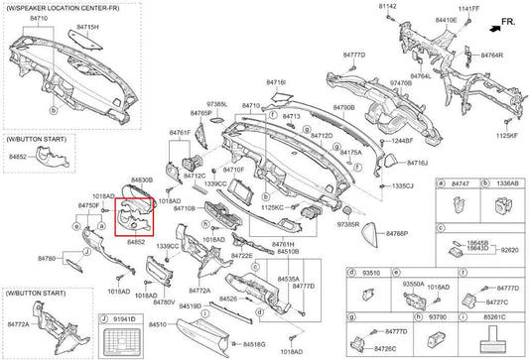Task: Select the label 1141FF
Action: [467, 8]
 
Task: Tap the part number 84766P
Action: [369, 233]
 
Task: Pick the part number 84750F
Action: [87, 205]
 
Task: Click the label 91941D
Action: [123, 320]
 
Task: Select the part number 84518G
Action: [253, 343]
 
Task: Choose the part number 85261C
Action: [495, 318]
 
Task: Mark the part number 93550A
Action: [414, 284]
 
